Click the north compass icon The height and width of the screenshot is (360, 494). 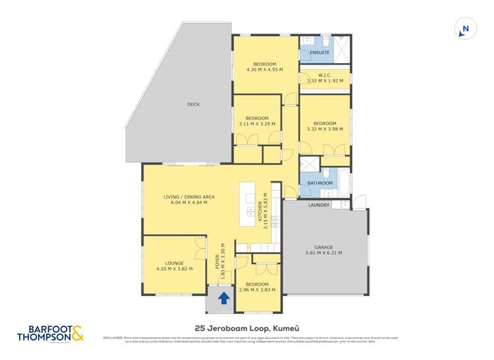[464, 29]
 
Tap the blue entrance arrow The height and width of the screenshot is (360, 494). [223, 299]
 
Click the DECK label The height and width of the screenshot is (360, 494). [193, 105]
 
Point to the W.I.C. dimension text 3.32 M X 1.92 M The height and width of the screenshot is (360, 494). [325, 81]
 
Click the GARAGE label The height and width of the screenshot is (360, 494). [323, 246]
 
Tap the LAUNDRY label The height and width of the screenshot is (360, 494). [319, 205]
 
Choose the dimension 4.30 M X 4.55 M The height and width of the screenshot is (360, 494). [264, 69]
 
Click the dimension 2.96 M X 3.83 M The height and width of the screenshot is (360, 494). [258, 290]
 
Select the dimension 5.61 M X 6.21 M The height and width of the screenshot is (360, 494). [323, 253]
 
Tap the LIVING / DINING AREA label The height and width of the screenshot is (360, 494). [188, 196]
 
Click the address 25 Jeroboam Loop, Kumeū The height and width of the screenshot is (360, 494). [246, 328]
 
